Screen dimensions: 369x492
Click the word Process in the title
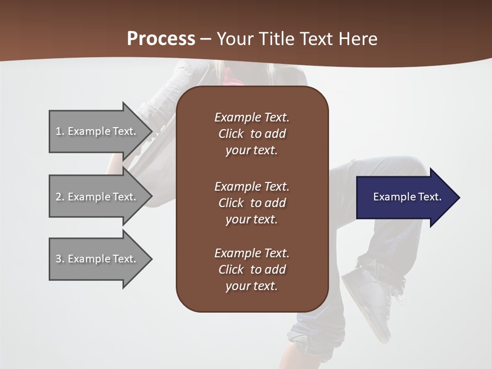161,39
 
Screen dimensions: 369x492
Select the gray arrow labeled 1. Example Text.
97,131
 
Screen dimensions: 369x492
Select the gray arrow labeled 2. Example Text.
97,197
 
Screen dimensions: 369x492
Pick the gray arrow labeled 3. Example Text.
97,259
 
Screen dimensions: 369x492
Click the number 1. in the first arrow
60,131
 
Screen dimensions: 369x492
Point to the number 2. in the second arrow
60,197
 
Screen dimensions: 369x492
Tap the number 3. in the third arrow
60,259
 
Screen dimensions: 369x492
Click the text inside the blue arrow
407,197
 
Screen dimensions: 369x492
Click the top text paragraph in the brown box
252,134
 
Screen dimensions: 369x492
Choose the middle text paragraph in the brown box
252,203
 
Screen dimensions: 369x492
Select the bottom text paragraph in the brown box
252,270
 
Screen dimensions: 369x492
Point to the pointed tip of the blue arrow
459,197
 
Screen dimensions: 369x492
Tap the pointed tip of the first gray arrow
151,131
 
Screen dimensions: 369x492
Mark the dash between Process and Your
206,39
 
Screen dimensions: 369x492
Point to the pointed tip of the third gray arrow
151,259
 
